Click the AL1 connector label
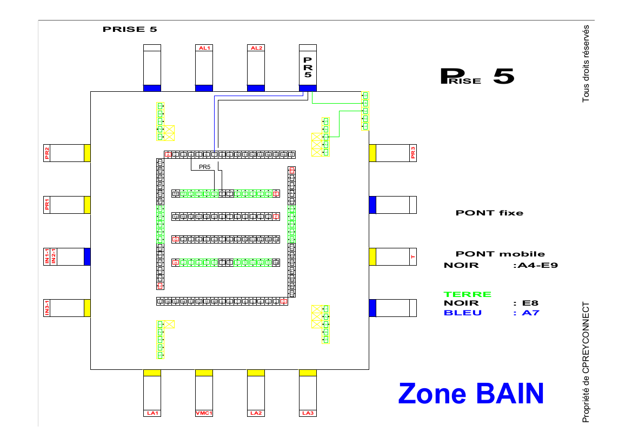(204, 48)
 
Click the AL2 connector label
(256, 48)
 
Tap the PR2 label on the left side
(47, 153)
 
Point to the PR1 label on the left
(47, 205)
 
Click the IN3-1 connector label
(47, 308)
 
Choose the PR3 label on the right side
(413, 153)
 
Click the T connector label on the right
(413, 257)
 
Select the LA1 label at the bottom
(152, 414)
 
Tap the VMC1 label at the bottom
(204, 414)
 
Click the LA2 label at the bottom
(256, 414)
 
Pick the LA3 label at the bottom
(308, 414)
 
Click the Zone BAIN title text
(470, 393)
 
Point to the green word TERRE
(468, 294)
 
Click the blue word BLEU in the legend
(462, 313)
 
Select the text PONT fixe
(489, 213)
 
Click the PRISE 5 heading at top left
(130, 29)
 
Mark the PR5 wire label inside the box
(204, 167)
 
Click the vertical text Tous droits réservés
(586, 64)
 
